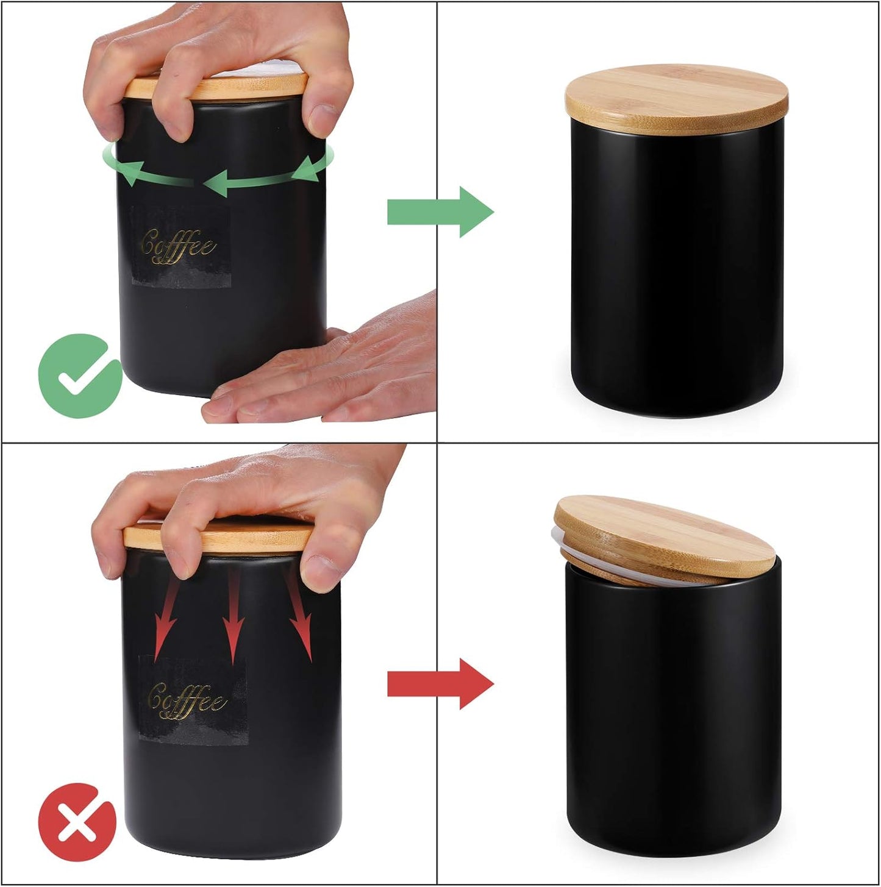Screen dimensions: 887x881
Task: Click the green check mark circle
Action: [x=80, y=376]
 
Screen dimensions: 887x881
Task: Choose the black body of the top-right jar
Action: [x=676, y=268]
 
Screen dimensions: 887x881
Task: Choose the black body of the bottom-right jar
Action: [x=674, y=713]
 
